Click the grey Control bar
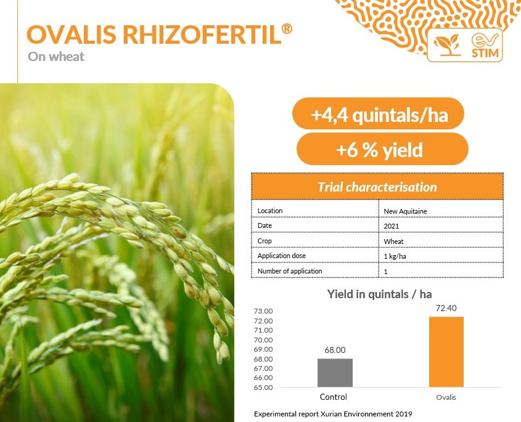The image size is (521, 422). coord(335,373)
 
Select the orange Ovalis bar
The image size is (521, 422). coord(446,352)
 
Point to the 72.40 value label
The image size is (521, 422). coord(446,308)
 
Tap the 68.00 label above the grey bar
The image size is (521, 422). coord(335,350)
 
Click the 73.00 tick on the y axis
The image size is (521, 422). coord(263,311)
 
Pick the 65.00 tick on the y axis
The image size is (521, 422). coord(263,388)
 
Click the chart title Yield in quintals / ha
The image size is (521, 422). coord(379,294)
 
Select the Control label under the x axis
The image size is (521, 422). coord(334,397)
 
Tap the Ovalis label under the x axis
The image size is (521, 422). coord(446,397)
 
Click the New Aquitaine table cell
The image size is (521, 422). coord(405,211)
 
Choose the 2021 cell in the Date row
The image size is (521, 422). coord(391,226)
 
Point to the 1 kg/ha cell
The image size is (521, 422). coord(395,256)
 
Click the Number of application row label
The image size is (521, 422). coord(290,271)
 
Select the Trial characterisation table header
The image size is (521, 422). coord(377,187)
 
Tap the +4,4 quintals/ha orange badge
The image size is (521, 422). coord(378,113)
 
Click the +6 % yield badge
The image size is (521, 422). coord(382,149)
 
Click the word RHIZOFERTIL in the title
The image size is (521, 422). coord(202,34)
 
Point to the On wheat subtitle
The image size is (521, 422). coord(56,57)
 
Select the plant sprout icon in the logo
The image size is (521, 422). coord(447,45)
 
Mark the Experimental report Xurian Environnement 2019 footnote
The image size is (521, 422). coord(333,414)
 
